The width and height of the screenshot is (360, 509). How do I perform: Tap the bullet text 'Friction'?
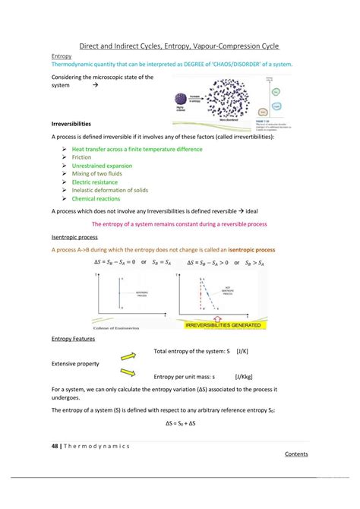pyautogui.click(x=82, y=157)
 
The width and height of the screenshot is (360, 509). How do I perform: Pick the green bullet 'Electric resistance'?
pyautogui.click(x=96, y=182)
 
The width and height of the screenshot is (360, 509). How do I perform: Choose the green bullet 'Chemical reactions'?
pyautogui.click(x=96, y=198)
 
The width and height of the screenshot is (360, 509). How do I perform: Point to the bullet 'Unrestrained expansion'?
pyautogui.click(x=102, y=166)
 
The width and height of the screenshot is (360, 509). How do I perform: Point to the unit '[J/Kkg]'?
pyautogui.click(x=246, y=376)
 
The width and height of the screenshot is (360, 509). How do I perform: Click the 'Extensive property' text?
pyautogui.click(x=75, y=364)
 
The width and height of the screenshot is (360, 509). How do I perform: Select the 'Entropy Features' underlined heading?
pyautogui.click(x=72, y=339)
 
